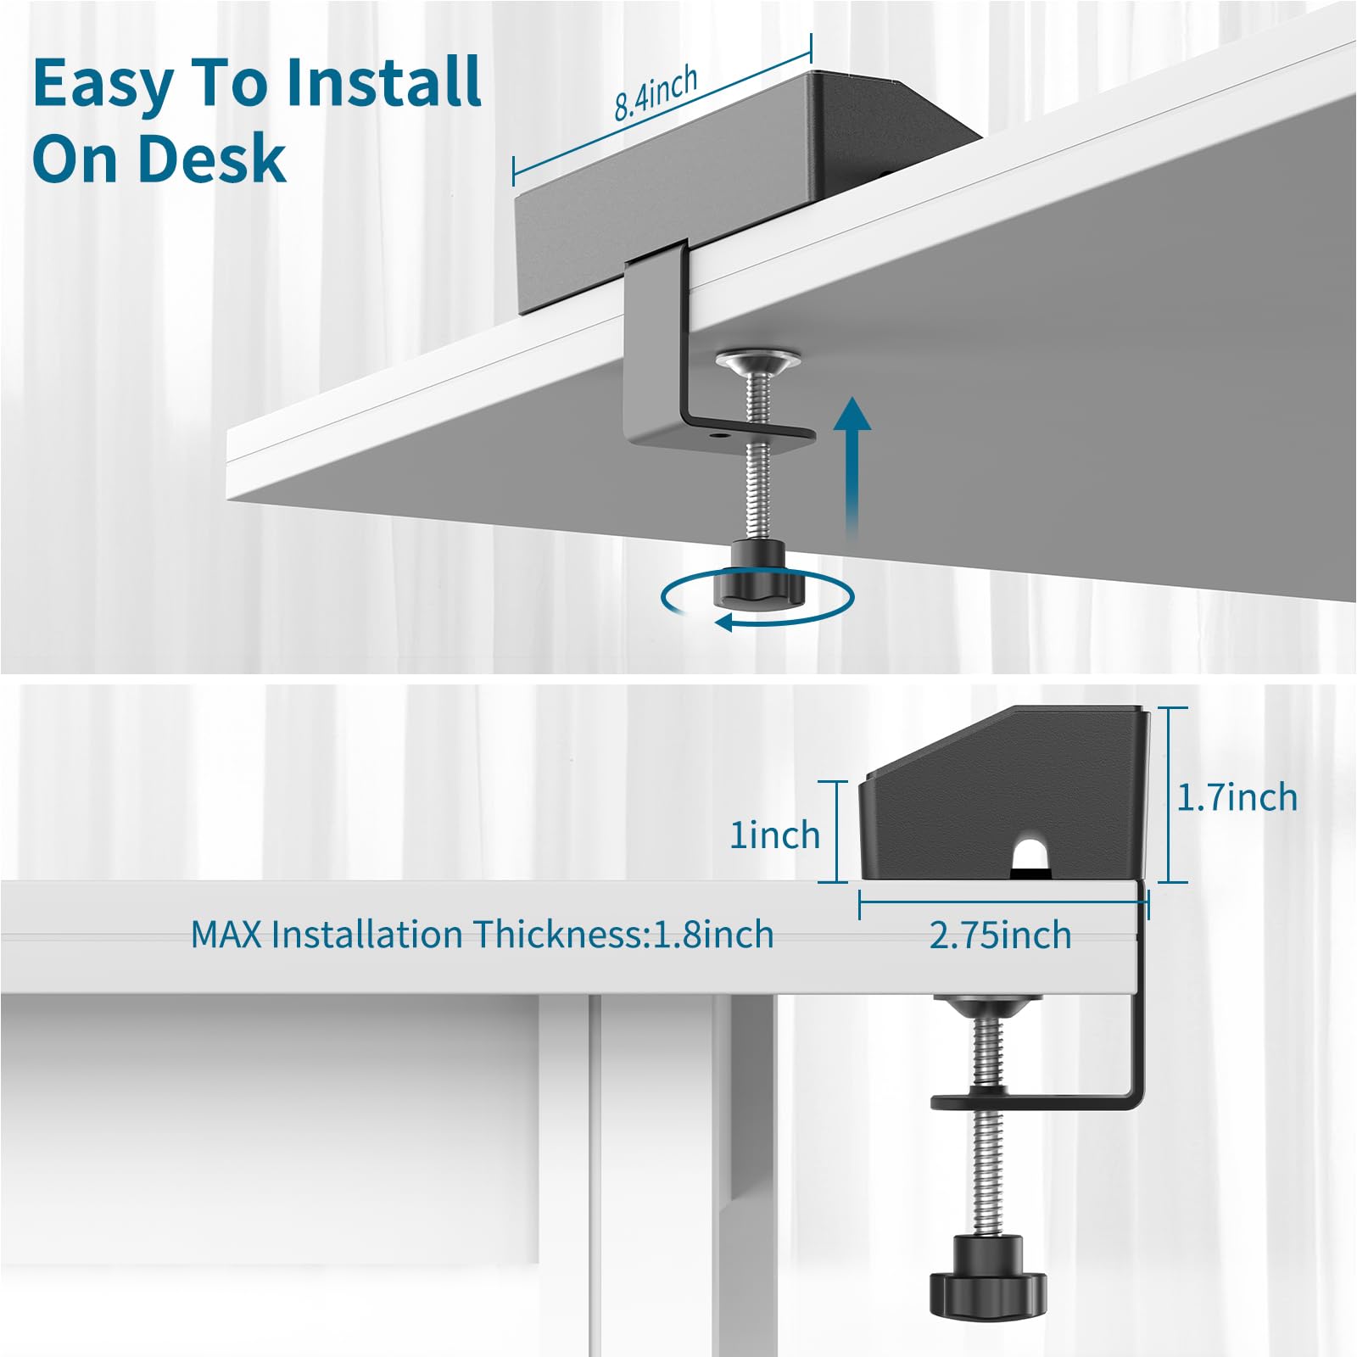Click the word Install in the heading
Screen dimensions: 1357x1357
coord(383,82)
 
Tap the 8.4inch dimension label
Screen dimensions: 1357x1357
coord(656,93)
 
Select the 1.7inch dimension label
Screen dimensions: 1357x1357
coord(1237,797)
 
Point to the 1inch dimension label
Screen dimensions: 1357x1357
coord(775,835)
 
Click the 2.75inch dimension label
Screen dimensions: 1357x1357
coord(1000,935)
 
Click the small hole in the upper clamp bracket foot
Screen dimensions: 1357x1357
coord(720,434)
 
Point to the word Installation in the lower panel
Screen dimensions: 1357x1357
coord(369,935)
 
